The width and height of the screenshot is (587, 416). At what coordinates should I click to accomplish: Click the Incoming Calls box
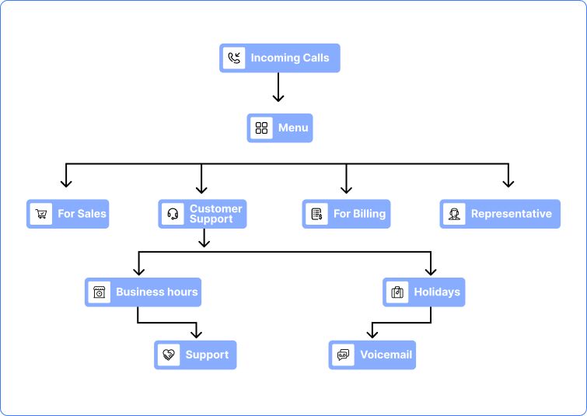click(x=280, y=58)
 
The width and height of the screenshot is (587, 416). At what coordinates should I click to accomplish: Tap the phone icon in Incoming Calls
click(x=234, y=58)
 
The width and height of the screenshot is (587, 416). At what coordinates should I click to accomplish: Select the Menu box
click(x=280, y=128)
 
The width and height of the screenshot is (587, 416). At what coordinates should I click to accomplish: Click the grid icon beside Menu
click(x=261, y=128)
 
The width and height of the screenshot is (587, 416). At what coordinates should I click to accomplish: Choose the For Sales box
click(x=68, y=214)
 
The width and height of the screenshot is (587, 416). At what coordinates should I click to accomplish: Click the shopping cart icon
click(x=41, y=214)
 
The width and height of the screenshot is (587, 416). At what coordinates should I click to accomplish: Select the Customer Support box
click(x=203, y=214)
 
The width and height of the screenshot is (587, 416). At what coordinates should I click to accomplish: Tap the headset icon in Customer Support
click(x=173, y=214)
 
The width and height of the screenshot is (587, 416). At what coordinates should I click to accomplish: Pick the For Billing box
click(x=346, y=214)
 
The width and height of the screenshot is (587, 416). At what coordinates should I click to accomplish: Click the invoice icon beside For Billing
click(x=316, y=214)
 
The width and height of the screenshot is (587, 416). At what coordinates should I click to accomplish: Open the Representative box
click(x=500, y=214)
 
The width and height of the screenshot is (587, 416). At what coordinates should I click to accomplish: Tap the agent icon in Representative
click(x=454, y=214)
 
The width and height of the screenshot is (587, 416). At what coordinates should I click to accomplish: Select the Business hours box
click(x=143, y=292)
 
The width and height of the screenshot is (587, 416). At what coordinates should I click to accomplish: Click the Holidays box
click(x=424, y=292)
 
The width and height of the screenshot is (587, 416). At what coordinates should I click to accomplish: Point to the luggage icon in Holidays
click(x=397, y=292)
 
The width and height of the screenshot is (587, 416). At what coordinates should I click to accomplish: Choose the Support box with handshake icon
click(x=195, y=355)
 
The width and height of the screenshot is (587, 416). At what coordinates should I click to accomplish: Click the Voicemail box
click(x=372, y=355)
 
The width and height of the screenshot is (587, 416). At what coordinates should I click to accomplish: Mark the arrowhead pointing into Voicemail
click(x=372, y=334)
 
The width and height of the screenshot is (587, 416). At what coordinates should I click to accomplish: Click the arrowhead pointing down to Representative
click(x=508, y=183)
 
